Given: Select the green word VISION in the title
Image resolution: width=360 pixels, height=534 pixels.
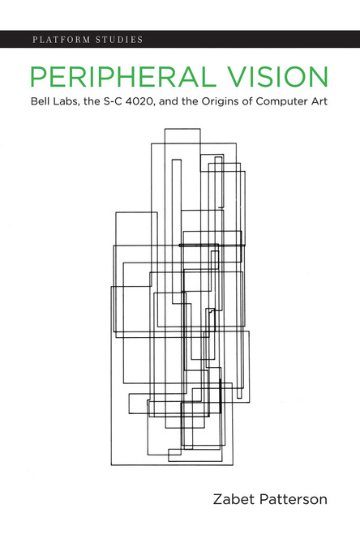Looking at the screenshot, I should coord(280,78).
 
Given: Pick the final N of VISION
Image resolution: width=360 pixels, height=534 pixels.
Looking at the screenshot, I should coord(319,78).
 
